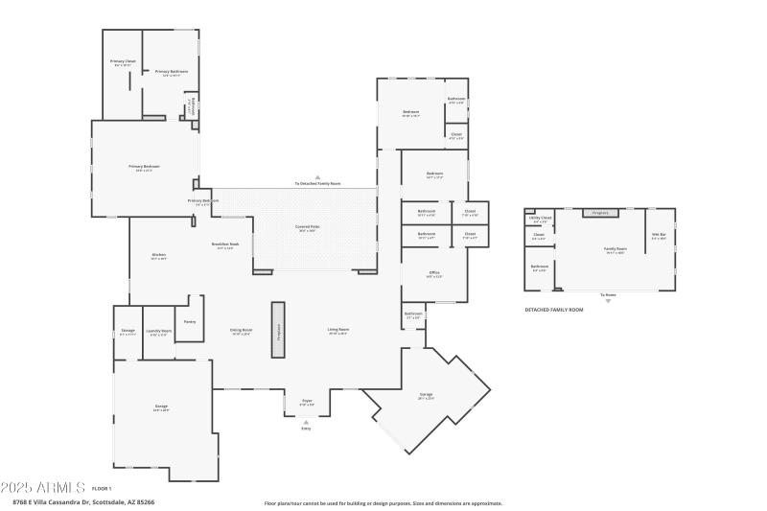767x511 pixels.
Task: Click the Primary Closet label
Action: (123, 61)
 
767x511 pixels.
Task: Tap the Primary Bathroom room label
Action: (171, 72)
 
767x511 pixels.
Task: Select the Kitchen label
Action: (159, 255)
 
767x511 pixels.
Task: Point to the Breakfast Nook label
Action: (226, 244)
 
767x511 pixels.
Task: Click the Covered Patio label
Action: (308, 228)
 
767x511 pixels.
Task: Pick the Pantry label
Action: (190, 321)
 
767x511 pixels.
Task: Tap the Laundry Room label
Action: (158, 332)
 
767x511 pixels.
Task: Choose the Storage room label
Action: (128, 332)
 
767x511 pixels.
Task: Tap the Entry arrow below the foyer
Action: (307, 422)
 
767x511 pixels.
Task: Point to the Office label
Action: (433, 273)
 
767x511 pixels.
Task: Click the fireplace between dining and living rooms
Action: (278, 330)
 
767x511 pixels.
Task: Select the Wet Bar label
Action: (659, 235)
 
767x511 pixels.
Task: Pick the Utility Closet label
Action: (539, 218)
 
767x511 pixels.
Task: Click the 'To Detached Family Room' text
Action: (317, 183)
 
